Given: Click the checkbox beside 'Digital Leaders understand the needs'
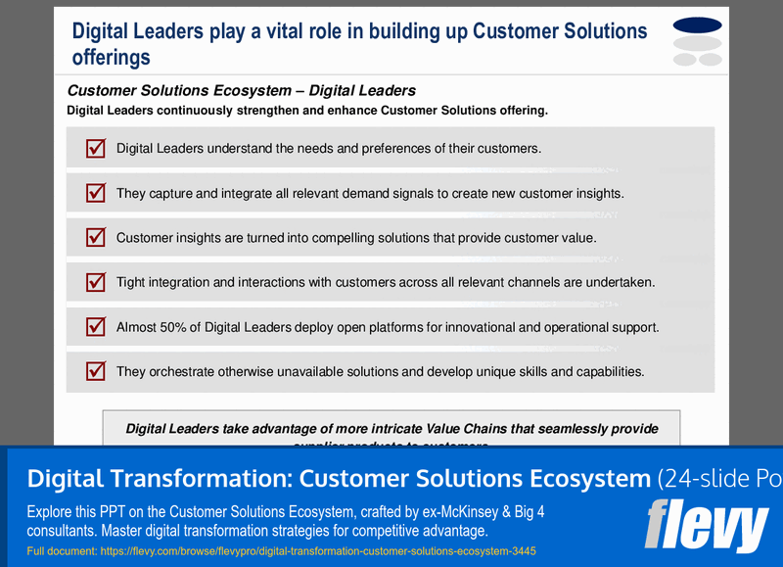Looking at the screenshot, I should click(96, 149).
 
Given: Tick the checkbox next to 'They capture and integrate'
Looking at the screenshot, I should click(96, 193).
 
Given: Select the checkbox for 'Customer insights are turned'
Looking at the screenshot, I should click(96, 237).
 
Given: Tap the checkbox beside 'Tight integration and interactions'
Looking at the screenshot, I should click(96, 282).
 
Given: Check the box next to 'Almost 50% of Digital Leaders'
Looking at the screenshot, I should click(96, 327).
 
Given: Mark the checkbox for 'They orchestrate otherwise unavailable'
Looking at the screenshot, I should click(96, 371).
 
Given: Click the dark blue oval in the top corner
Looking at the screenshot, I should click(698, 24).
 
